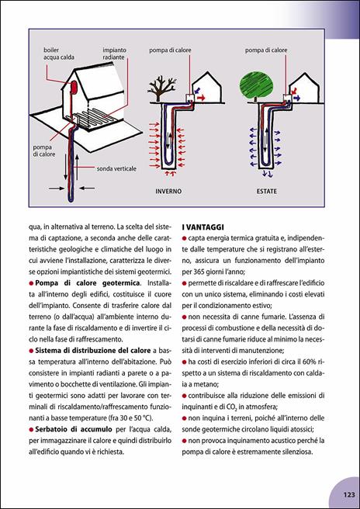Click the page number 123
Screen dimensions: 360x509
pos(348,495)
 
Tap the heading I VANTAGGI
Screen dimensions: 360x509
pos(201,227)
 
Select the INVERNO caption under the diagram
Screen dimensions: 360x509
pos(168,191)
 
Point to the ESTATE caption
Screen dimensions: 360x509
pos(267,191)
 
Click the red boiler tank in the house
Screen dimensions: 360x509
pos(74,88)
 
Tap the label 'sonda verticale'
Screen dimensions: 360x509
pos(116,169)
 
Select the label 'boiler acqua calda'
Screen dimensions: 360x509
pos(59,54)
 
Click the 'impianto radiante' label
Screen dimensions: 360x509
pos(115,54)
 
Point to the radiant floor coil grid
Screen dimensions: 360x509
pos(92,117)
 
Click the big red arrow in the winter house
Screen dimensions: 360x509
pos(201,98)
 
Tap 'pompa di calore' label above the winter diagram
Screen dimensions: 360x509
pos(170,50)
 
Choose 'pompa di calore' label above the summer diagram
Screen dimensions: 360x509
pos(266,50)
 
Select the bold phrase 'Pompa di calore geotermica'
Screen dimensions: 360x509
pos(88,282)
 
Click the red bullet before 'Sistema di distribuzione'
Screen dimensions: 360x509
pos(32,350)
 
